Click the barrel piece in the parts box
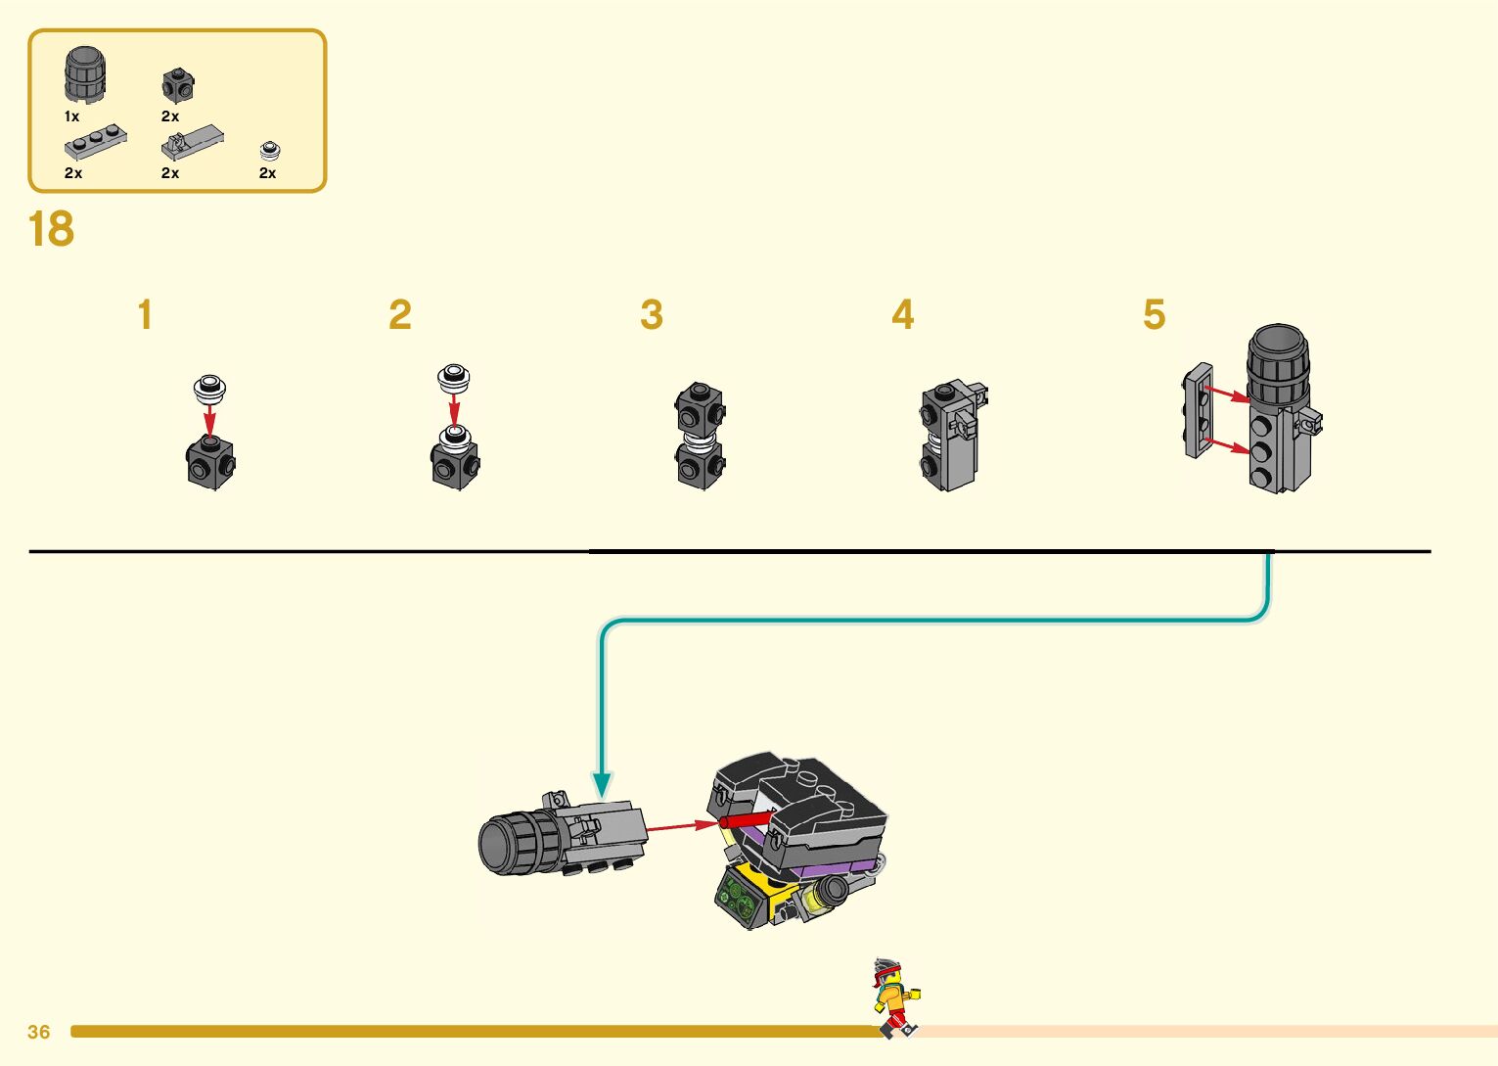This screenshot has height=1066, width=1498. coord(85,74)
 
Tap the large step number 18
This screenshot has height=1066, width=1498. coord(51,230)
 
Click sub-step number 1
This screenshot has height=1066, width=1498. coord(145,315)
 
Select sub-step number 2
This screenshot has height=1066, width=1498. coord(399,315)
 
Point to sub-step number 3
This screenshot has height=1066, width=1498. coord(652,315)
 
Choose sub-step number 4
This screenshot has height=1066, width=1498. coord(902,315)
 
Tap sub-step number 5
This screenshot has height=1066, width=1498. coord(1154,315)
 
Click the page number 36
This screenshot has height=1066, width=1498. coord(39,1032)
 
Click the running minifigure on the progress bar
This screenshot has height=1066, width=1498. coord(895,996)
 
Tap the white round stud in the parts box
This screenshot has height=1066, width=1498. coord(270,151)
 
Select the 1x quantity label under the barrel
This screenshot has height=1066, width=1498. coord(71,116)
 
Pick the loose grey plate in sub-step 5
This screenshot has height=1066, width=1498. coord(1198,411)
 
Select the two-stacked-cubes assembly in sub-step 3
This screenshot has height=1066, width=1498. coord(700,436)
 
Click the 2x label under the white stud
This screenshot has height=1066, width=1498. coord(267,173)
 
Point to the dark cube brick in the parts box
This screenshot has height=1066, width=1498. coord(177,85)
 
